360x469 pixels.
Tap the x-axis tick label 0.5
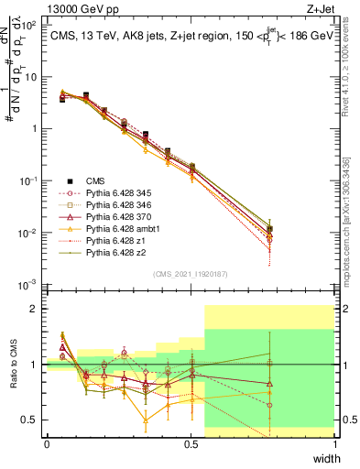(x=190, y=444)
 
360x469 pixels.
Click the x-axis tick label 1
(x=335, y=444)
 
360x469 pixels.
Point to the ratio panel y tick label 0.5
(x=31, y=420)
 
